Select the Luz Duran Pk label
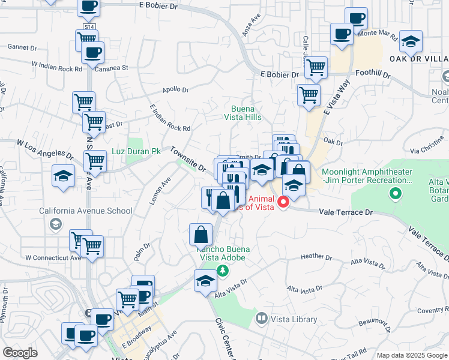pos(136,153)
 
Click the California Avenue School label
pos(85,211)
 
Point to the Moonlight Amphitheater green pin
pos(395,193)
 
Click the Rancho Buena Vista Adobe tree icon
pos(222,271)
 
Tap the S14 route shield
pos(89,27)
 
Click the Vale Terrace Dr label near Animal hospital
pos(346,212)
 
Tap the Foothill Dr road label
pos(373,76)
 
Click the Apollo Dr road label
pos(176,90)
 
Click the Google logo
pos(20,353)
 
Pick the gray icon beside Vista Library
pos(261,319)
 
